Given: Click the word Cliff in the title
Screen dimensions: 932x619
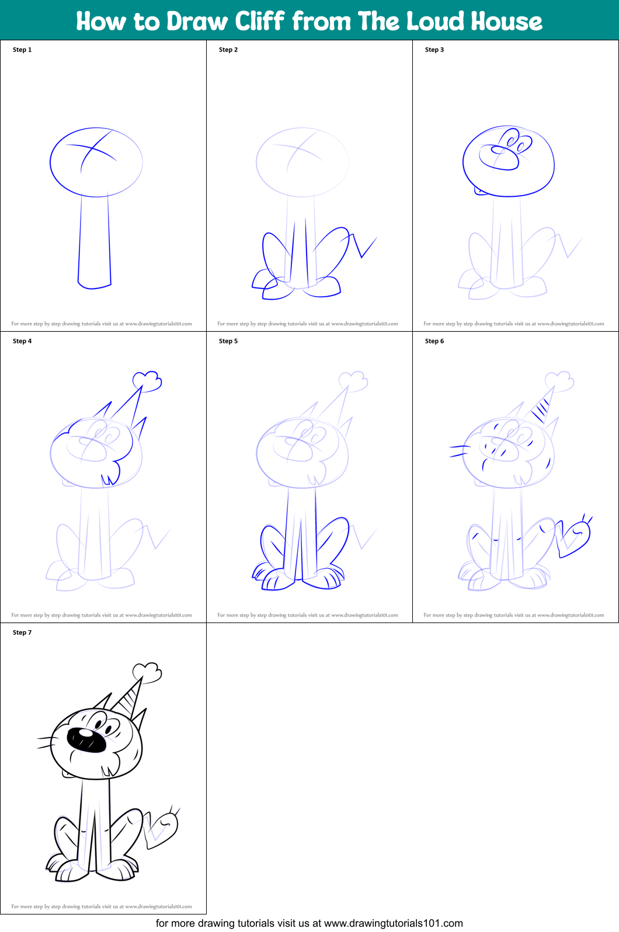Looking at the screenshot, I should click(x=260, y=21).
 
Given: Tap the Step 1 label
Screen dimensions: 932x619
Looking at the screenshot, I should click(x=22, y=50).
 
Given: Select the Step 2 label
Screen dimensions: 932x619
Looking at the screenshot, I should click(x=228, y=50).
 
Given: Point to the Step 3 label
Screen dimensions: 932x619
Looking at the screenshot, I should click(x=434, y=50).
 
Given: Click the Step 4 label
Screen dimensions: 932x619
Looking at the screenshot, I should click(x=22, y=341).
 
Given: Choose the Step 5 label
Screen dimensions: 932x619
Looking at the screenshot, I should click(x=228, y=341).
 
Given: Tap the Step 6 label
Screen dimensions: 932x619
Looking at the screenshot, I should click(x=434, y=341).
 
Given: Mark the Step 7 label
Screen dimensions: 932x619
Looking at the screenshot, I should click(x=22, y=632).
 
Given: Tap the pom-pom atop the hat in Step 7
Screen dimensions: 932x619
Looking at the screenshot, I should click(x=147, y=672).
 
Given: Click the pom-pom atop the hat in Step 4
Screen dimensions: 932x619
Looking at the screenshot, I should click(x=147, y=381).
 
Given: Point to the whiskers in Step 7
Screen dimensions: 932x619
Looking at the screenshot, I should click(x=47, y=742).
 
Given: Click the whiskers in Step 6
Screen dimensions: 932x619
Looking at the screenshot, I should click(x=460, y=451).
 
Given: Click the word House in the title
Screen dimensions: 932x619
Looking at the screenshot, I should click(x=506, y=21).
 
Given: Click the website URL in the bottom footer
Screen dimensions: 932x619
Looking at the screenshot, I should click(x=393, y=923).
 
